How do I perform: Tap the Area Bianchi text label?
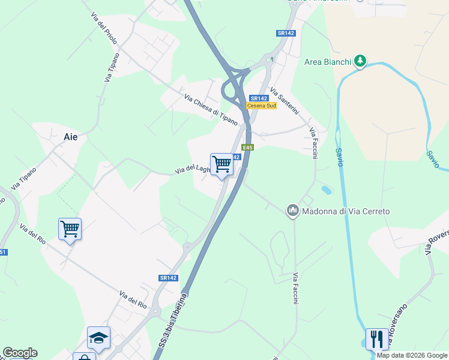tap(327, 61)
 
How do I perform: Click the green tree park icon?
tap(360, 60)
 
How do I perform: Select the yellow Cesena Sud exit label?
tap(262, 106)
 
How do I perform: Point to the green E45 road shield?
tap(247, 147)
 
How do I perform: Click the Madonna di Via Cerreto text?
tap(346, 211)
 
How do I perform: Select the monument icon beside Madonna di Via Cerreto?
tap(293, 210)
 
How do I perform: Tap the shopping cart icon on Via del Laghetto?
tap(221, 164)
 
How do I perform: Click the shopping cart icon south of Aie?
tap(70, 229)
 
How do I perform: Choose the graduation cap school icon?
tap(98, 337)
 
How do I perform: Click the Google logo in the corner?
tap(20, 353)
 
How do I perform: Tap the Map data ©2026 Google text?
tap(412, 355)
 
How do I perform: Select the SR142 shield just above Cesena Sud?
tap(259, 98)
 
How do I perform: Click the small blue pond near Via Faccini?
tap(326, 190)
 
